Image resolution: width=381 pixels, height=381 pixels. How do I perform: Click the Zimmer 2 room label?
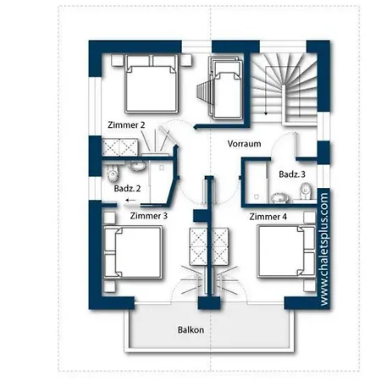tap(126, 124)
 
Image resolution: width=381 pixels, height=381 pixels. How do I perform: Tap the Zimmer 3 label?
tap(149, 216)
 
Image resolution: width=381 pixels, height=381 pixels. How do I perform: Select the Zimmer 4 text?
tap(268, 217)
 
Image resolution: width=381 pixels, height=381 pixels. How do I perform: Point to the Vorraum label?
tap(244, 144)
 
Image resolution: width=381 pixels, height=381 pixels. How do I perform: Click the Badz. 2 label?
tap(127, 189)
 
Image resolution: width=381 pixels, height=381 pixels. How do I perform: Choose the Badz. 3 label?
tap(292, 174)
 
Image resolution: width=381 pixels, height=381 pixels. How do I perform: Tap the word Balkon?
tap(190, 330)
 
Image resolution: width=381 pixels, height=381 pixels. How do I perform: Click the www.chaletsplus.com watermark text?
tap(324, 249)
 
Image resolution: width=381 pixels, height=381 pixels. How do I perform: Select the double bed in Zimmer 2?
tap(152, 84)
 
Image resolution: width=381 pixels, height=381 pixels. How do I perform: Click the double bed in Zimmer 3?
tap(133, 252)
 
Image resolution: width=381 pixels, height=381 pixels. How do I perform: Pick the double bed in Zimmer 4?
tap(286, 251)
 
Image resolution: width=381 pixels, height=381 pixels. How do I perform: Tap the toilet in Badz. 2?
tap(113, 173)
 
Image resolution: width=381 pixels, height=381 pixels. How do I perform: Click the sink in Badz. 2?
tap(137, 165)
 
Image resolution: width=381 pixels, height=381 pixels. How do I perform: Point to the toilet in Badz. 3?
tap(306, 191)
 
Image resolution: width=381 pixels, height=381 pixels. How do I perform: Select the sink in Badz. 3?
tap(279, 198)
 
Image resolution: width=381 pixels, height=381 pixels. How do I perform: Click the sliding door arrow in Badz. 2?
tap(130, 200)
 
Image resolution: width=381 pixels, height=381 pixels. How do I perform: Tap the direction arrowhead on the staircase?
tap(266, 113)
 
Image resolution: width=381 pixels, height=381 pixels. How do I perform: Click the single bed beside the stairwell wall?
tap(227, 88)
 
